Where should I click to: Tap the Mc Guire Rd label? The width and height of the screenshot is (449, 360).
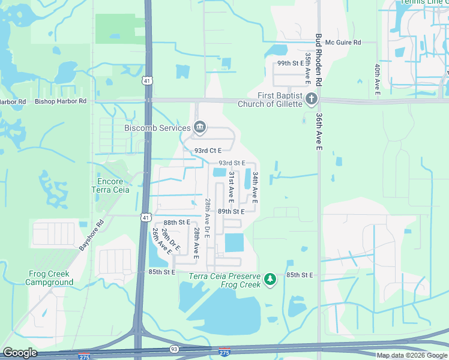(343, 43)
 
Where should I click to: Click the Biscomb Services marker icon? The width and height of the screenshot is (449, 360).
(200, 127)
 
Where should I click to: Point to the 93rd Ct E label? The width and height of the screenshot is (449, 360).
(208, 150)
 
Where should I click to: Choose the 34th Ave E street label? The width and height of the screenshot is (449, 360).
(255, 187)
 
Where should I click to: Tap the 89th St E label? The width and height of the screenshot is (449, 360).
(231, 211)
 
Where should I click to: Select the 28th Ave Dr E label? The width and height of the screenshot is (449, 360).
(206, 218)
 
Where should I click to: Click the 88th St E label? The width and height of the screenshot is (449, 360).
(177, 222)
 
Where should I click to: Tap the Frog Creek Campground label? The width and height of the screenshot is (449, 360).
(49, 278)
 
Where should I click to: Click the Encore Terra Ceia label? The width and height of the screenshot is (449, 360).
(110, 185)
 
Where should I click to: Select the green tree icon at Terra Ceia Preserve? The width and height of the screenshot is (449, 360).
(271, 279)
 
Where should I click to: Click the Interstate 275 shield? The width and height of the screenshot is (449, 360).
(224, 352)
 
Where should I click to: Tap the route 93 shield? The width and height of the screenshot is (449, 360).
(174, 349)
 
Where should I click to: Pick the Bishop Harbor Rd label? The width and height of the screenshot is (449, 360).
(61, 101)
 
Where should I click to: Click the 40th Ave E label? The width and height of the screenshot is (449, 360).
(377, 79)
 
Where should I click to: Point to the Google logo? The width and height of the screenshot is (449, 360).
(20, 353)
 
